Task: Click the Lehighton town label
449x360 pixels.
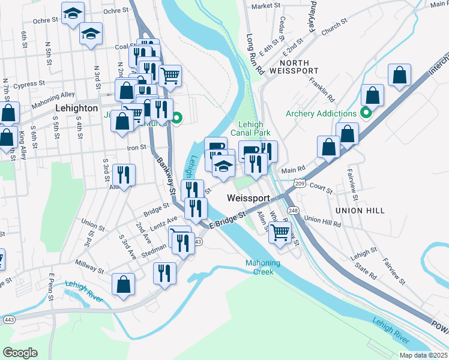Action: [x=76, y=108]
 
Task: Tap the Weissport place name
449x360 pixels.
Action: [x=247, y=198]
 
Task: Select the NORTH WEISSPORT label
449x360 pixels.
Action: [x=289, y=67]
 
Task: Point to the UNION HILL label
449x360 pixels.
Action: [x=360, y=211]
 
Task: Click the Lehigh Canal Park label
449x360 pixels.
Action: [x=251, y=128]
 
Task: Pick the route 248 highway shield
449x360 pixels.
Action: [x=292, y=210]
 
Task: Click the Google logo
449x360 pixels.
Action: [x=20, y=352]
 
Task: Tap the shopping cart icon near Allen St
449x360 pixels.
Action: [x=280, y=232]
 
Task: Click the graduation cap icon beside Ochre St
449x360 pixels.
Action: [x=73, y=13]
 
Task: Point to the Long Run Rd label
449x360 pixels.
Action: [x=255, y=54]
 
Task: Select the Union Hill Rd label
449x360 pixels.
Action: [x=322, y=221]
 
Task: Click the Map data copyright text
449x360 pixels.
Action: [x=423, y=355]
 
